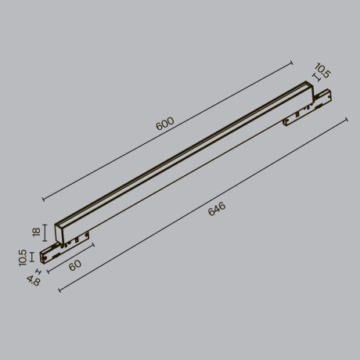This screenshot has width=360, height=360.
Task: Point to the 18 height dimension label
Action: pyautogui.click(x=34, y=232)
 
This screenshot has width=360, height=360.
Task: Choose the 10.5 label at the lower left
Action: pyautogui.click(x=23, y=258)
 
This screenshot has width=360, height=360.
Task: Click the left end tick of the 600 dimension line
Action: pyautogui.click(x=41, y=199)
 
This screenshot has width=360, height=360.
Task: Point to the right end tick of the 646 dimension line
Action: pyautogui.click(x=345, y=120)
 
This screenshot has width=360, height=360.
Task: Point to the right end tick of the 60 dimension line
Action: pyautogui.click(x=93, y=244)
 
